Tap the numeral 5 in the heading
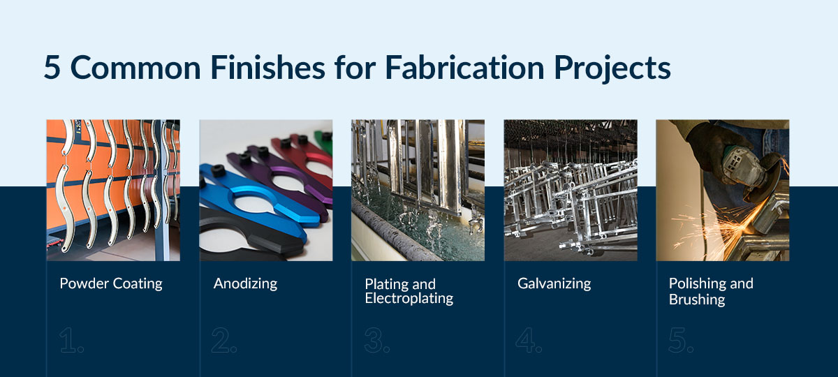tap(52, 68)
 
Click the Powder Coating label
tap(111, 283)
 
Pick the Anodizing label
tap(245, 283)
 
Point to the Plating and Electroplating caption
tap(409, 291)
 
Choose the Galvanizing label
tap(554, 283)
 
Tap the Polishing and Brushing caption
tap(711, 291)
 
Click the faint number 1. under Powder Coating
tap(71, 340)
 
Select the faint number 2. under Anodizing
tap(224, 340)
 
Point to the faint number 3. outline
tap(377, 340)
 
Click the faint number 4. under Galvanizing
tap(529, 340)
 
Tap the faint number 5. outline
tap(682, 340)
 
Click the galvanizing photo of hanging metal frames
tap(571, 190)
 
